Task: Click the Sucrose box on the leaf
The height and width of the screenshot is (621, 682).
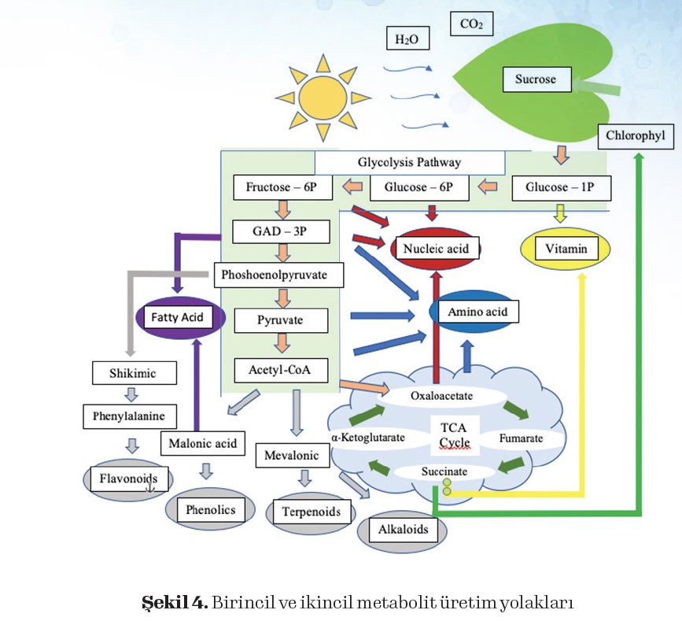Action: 536,79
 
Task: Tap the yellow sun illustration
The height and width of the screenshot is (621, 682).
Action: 323,94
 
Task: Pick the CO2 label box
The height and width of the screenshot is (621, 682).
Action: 471,24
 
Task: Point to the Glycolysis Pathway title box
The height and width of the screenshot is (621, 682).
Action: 409,163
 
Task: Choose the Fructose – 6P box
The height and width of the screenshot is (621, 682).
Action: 282,188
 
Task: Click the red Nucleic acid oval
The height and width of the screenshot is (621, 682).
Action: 435,250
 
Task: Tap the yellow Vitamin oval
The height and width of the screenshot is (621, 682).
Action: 566,250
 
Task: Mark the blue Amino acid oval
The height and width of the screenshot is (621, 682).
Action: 477,312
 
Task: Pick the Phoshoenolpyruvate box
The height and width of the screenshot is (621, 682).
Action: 282,275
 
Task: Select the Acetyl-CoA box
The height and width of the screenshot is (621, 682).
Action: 282,370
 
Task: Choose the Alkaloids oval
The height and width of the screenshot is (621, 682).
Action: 403,530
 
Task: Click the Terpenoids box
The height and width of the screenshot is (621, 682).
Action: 312,512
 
